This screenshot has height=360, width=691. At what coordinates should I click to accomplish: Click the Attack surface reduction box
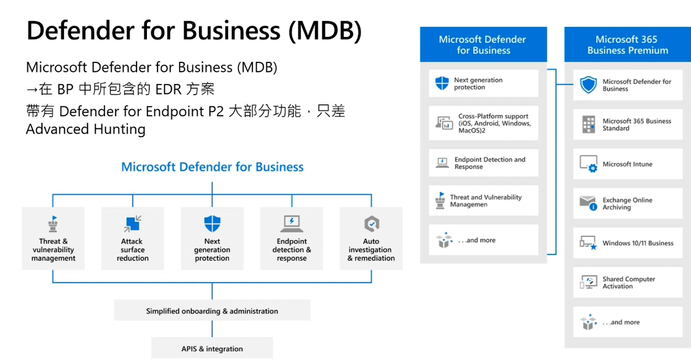[x=132, y=238]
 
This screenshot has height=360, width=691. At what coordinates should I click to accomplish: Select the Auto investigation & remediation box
[x=371, y=238]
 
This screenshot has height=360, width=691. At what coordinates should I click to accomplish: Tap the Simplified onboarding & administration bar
[x=212, y=310]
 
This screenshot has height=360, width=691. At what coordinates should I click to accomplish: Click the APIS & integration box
[x=212, y=348]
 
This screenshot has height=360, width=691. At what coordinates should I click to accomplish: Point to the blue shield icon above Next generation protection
[x=212, y=223]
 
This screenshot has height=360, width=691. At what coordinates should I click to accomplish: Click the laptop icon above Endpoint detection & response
[x=292, y=223]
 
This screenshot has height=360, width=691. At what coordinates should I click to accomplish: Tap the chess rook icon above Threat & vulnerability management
[x=53, y=223]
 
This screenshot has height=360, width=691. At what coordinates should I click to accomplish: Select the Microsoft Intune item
[x=627, y=164]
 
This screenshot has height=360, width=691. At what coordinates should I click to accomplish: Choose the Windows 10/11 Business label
[x=638, y=243]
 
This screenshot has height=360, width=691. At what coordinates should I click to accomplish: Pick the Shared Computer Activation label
[x=629, y=282]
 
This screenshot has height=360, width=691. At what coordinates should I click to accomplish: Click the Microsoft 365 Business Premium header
[x=627, y=44]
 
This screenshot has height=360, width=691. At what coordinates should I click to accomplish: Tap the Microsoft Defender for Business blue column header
[x=483, y=44]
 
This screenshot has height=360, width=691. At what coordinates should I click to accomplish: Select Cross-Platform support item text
[x=494, y=123]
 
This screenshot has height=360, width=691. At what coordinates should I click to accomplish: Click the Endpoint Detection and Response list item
[x=483, y=163]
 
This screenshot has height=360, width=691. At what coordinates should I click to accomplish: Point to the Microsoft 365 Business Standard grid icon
[x=588, y=124]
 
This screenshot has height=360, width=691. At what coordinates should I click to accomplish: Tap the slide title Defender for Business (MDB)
[x=194, y=31]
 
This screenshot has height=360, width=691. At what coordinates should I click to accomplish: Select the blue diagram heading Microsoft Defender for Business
[x=212, y=167]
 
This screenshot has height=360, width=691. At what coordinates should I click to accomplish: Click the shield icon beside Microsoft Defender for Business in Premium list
[x=588, y=85]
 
